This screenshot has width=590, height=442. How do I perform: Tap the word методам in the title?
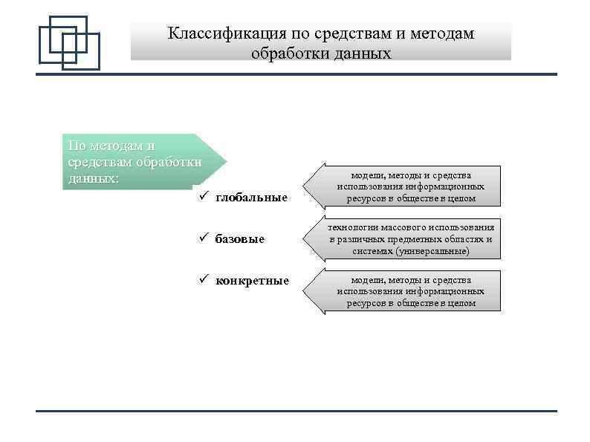click(443, 34)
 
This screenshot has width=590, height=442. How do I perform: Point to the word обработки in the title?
click(286, 53)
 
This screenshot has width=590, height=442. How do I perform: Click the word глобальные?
click(251, 198)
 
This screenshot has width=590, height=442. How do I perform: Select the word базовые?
click(239, 239)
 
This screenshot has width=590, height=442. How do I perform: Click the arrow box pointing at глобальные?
click(405, 186)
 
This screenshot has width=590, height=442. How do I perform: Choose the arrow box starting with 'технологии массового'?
click(405, 239)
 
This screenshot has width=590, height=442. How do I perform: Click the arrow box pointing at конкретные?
click(405, 291)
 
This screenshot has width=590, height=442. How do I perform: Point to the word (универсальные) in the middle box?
click(432, 252)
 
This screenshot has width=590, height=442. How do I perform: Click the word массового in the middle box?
click(402, 227)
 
